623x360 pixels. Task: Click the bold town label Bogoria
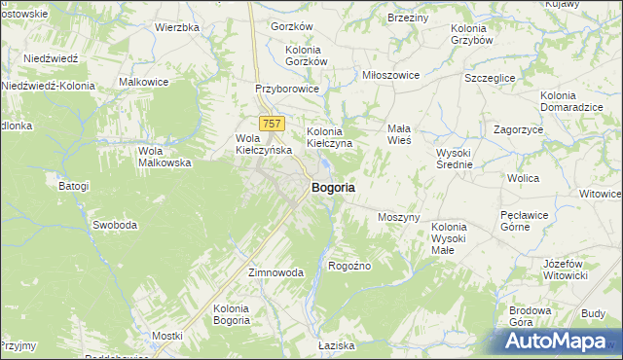point(332,187)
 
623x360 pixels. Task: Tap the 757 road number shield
point(273,124)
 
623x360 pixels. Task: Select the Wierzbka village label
point(176,27)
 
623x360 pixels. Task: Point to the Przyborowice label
point(287,88)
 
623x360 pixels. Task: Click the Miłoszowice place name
point(389,75)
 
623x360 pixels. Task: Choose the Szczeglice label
point(491,77)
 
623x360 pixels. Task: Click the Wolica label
point(523,179)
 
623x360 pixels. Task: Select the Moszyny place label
point(398,217)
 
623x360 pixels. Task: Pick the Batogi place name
point(74,186)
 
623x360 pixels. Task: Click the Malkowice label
point(144,83)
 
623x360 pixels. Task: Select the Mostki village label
point(167,336)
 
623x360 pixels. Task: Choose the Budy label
point(592,314)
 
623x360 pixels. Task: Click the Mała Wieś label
point(399,134)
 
